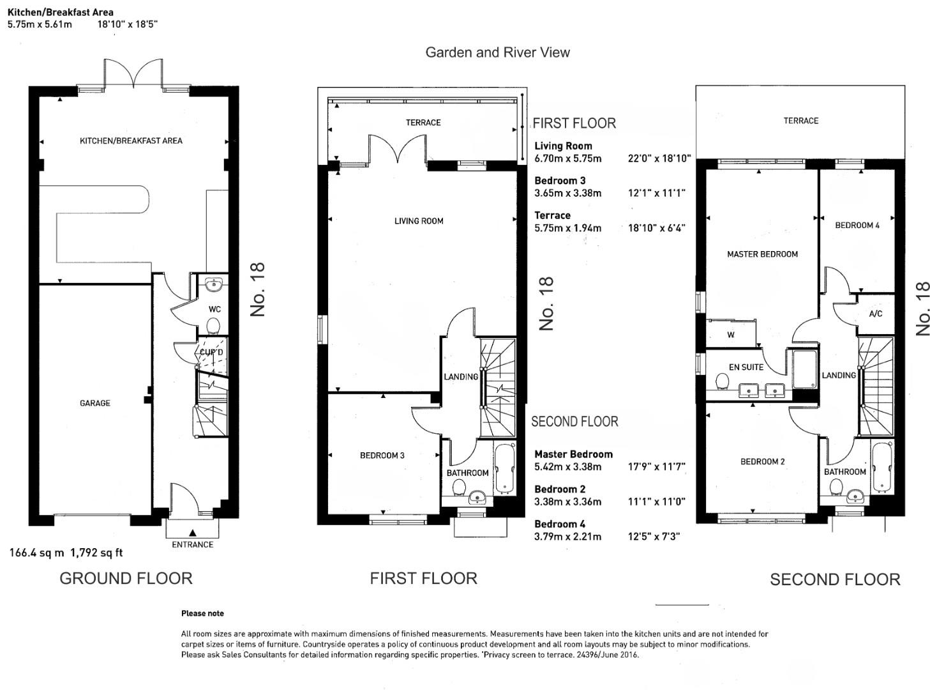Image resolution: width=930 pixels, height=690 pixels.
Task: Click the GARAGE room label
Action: [95, 403]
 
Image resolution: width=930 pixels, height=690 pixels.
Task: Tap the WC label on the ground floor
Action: [214, 309]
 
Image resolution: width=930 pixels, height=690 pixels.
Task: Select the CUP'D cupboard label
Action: [211, 352]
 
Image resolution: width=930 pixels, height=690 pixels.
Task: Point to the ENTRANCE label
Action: [192, 544]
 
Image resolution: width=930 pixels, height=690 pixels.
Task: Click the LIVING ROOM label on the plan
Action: [419, 221]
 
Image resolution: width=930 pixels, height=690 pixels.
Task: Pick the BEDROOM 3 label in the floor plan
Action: [382, 456]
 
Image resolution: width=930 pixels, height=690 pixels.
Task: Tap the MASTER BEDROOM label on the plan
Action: [762, 254]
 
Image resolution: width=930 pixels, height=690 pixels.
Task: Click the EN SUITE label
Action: [746, 367]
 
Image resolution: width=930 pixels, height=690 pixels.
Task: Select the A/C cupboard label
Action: [876, 314]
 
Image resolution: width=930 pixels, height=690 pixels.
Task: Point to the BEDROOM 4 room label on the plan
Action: [857, 225]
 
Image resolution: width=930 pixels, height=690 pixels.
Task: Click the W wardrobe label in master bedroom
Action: [731, 335]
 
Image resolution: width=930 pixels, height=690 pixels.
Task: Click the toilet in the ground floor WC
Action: [213, 327]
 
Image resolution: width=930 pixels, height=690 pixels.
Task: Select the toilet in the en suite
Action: [723, 382]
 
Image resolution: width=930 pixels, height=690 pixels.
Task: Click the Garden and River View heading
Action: [497, 52]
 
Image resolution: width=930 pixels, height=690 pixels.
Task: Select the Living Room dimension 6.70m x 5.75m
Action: [567, 158]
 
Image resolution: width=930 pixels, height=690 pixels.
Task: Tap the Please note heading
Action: [202, 613]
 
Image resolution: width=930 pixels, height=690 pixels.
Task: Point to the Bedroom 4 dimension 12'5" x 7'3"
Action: [654, 537]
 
